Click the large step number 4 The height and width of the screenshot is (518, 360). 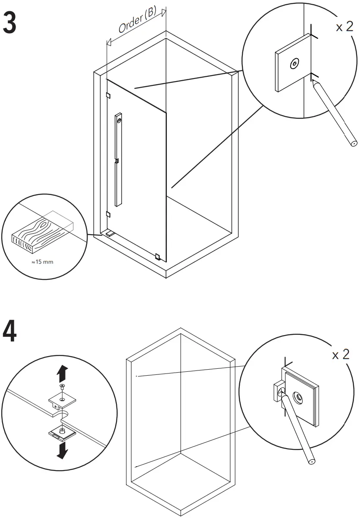coord(9,331)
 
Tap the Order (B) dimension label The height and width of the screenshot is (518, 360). coord(137,22)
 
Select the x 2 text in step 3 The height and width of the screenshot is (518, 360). coord(344,27)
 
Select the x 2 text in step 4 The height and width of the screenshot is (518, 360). coord(341,355)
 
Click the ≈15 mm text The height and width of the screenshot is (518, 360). coord(43,262)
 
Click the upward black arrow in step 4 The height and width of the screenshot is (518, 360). coord(62,371)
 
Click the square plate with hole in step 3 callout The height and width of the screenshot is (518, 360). coord(293,64)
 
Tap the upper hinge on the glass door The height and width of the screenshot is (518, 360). coord(108,95)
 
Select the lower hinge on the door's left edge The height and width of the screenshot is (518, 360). coord(108,214)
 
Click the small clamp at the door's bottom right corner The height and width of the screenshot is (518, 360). coord(158,257)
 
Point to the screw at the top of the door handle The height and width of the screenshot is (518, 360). coord(119,116)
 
